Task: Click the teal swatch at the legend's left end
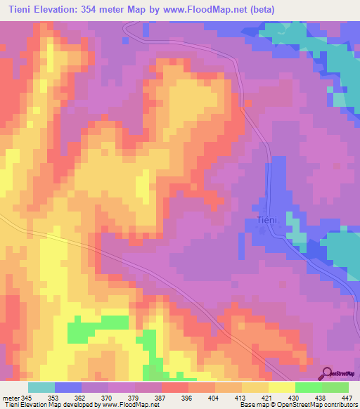[x=41, y=388]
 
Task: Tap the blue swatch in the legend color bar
[x=68, y=388]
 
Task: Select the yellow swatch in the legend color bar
[x=281, y=388]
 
